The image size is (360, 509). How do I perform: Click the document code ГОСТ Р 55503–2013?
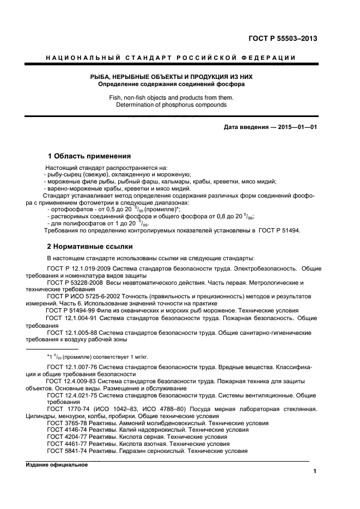283,38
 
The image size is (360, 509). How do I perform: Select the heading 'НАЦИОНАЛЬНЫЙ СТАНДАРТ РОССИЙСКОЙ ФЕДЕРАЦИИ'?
170,58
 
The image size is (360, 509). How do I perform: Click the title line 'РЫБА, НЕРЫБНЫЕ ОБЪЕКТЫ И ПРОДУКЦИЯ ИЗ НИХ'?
171,77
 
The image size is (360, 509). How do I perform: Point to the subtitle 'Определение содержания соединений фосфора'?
171,84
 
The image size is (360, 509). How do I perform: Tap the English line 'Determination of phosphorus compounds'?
171,104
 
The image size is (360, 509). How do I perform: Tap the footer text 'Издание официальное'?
57,464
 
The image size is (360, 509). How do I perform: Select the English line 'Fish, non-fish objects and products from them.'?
171,97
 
